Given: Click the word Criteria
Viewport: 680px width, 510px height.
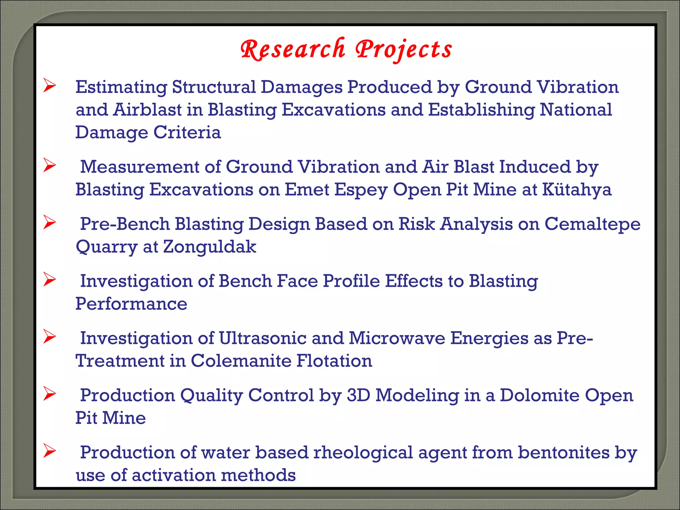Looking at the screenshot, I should pos(187,132).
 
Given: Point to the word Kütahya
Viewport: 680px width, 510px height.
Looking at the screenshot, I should pos(576,190).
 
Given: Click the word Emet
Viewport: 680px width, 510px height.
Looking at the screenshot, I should pos(307,190).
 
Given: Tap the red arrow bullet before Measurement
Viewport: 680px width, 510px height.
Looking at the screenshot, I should pos(49,165).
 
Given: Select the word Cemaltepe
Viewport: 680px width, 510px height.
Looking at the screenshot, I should pos(592,224).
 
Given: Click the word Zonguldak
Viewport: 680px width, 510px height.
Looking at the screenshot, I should pos(210,247).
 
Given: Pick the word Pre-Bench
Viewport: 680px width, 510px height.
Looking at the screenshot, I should pos(125,224).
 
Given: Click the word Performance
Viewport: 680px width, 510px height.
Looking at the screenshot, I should pos(131,304).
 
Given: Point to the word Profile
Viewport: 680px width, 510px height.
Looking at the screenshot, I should pos(351,281).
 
